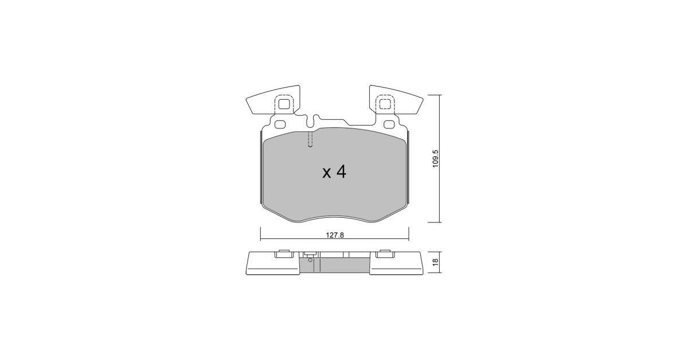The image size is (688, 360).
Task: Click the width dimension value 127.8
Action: point(335,235)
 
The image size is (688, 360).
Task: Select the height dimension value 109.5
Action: point(435,158)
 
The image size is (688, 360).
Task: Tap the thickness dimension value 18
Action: point(435,262)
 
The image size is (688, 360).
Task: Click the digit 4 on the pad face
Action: point(341,173)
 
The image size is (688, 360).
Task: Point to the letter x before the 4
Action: point(326,174)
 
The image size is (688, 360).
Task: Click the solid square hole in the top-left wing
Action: point(283,104)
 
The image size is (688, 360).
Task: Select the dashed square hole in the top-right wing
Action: point(385,104)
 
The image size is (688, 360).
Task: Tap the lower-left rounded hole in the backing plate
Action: point(280,124)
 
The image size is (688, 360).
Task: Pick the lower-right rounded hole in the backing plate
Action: point(389,124)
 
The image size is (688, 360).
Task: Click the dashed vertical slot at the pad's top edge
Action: point(310,139)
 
